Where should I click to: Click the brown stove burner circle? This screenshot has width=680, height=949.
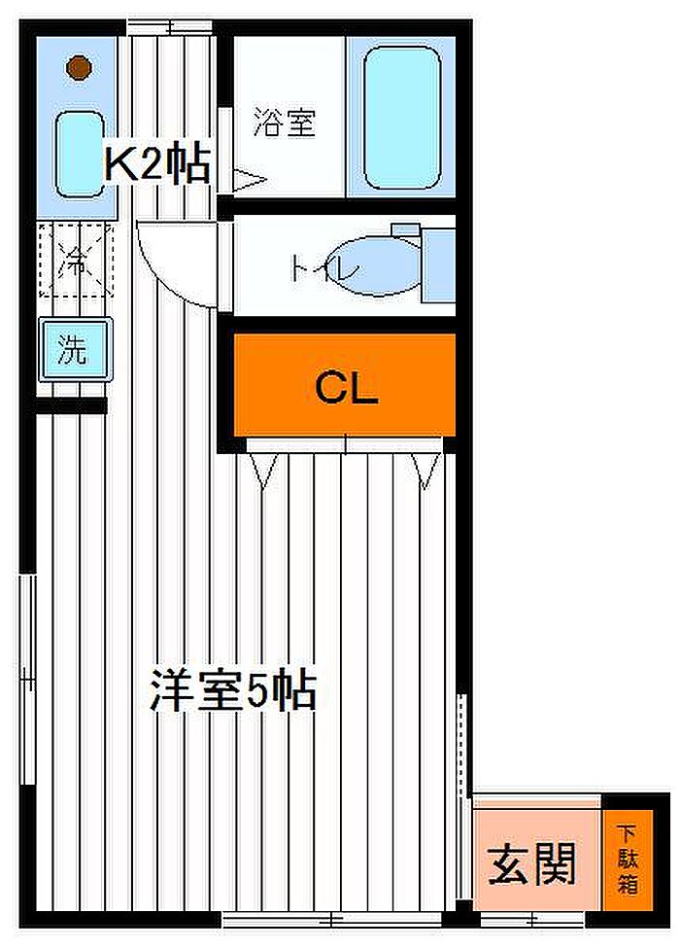80,67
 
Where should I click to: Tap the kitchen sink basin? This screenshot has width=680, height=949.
80,155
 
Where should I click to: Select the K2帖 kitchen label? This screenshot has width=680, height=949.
157,163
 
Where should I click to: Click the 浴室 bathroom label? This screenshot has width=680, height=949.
284,121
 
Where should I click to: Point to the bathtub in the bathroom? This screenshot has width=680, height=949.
402,118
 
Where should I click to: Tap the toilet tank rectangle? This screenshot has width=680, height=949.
438,265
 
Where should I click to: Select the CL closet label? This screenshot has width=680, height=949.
347,389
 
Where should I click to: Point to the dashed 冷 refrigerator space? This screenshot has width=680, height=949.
76,261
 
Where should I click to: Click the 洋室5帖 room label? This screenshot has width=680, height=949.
233,690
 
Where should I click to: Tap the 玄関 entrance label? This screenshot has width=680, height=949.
532,863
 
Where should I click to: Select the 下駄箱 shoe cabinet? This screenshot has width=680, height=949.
628,860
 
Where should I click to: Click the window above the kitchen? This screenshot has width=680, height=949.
170,27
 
